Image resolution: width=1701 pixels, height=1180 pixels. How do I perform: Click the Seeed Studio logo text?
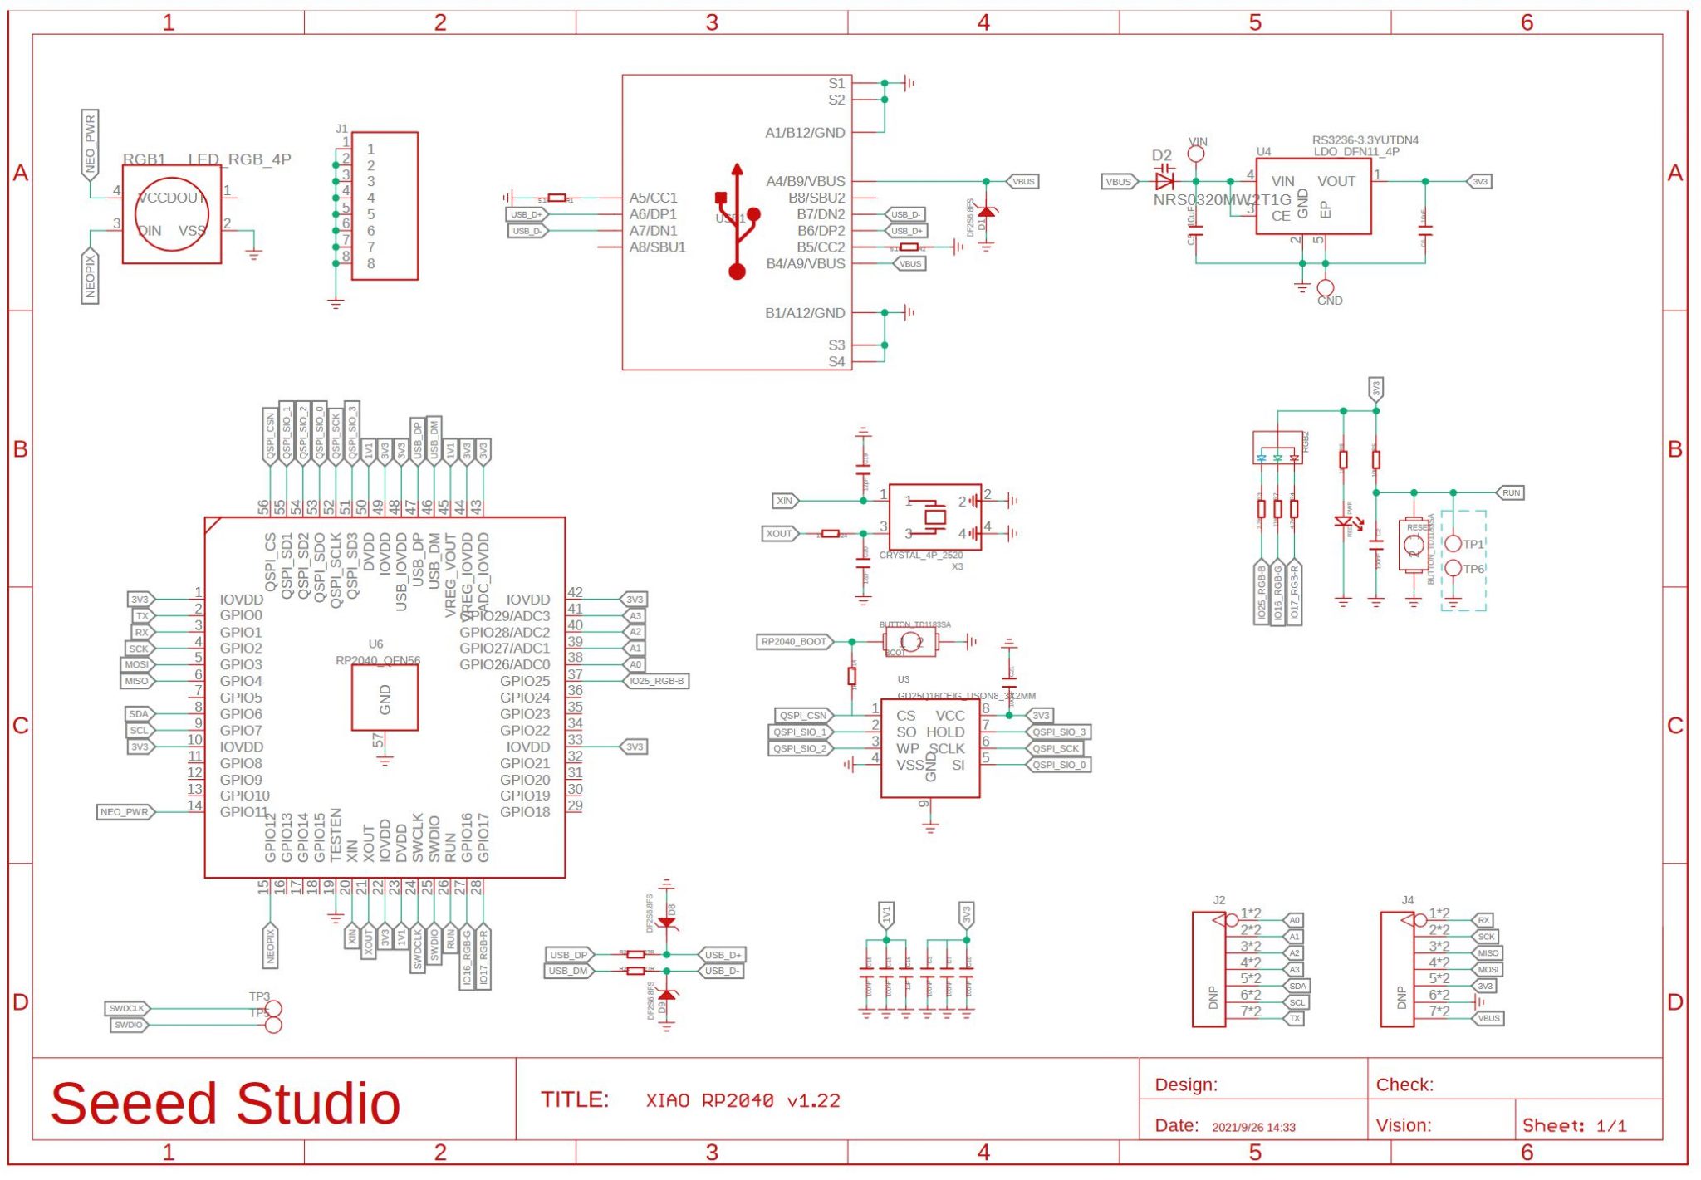[225, 1104]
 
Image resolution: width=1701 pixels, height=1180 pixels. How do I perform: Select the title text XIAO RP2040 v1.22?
[743, 1101]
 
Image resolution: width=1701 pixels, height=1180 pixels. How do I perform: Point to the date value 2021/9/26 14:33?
[1253, 1127]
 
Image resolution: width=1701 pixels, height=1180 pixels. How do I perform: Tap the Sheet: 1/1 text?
[1574, 1126]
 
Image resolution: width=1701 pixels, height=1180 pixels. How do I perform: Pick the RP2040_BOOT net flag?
[794, 642]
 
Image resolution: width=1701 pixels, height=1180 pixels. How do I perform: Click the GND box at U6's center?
[385, 698]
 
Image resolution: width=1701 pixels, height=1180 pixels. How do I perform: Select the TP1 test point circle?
[1453, 544]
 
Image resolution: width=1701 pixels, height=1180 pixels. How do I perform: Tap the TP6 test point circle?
[1453, 569]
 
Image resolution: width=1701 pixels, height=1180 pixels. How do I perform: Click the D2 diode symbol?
[1164, 181]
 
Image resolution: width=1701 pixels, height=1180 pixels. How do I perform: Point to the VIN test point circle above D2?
[1196, 154]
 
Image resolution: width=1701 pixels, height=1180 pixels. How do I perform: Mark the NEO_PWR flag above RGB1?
[91, 144]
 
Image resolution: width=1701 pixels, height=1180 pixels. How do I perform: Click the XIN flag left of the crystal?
[785, 501]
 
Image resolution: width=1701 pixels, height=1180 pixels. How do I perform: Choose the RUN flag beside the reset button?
[1511, 493]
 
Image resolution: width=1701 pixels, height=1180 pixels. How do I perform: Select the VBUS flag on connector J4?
[1488, 1018]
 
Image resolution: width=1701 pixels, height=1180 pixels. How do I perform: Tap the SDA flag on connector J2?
[1297, 987]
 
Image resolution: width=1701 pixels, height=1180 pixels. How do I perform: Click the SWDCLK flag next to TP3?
[127, 1009]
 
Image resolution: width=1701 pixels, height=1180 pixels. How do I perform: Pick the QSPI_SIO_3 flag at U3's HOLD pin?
[1058, 732]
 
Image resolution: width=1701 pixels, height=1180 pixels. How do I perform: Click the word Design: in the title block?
[1186, 1085]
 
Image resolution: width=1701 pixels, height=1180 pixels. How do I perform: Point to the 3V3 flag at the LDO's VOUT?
[1479, 181]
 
